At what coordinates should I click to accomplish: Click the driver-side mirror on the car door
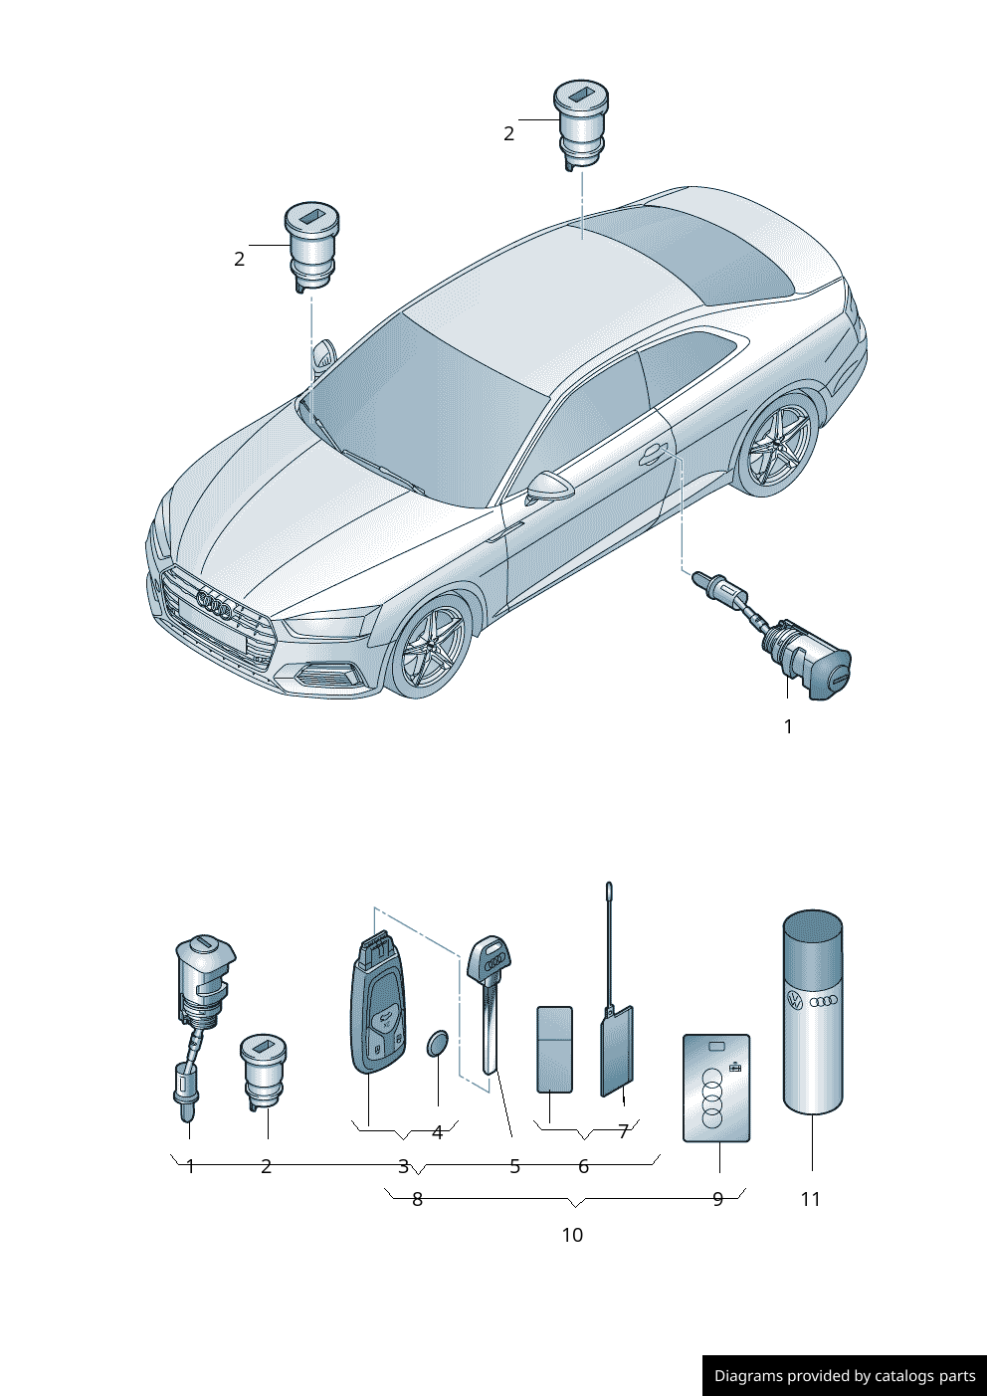549,487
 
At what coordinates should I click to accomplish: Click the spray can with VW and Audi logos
813,1011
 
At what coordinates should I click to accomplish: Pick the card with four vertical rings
716,1089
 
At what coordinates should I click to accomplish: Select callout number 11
810,1199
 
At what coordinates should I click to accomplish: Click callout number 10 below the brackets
572,1235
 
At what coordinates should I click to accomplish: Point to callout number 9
717,1199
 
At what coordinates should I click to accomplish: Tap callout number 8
417,1199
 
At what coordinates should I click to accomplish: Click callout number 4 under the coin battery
437,1132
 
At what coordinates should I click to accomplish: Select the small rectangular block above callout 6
554,1049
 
